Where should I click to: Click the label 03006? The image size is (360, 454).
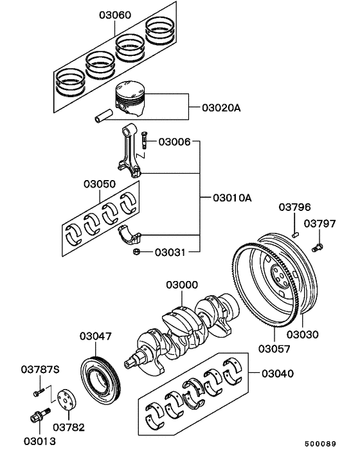(174, 141)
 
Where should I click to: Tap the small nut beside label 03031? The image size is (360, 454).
(137, 252)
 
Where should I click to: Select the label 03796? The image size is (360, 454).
(294, 207)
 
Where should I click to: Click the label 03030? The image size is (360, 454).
(302, 334)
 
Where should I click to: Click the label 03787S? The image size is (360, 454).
(40, 369)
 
